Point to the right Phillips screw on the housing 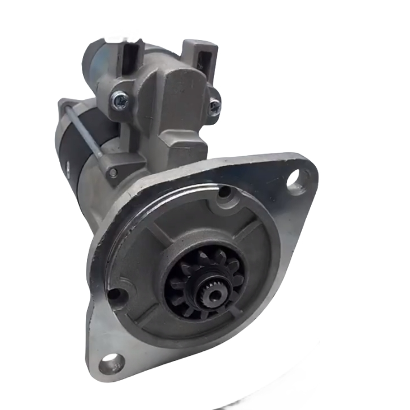coord(214,105)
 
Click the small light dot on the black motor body coord(67,166)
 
